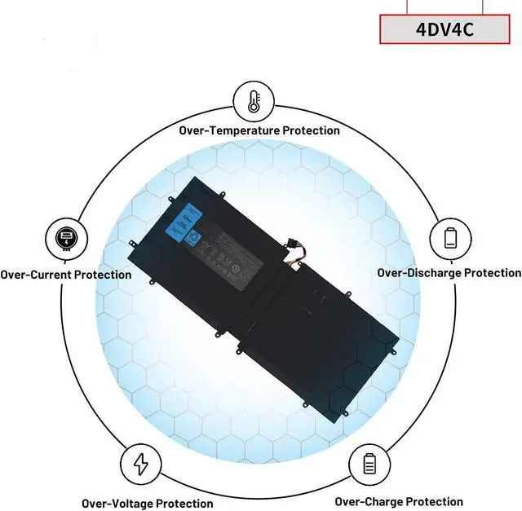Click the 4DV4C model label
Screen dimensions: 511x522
(445, 29)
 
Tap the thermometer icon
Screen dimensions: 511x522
(253, 101)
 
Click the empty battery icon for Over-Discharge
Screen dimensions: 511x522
(451, 237)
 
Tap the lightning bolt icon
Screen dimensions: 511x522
(141, 465)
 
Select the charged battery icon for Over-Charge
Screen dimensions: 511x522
(369, 465)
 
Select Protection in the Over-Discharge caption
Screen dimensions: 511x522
(493, 272)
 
